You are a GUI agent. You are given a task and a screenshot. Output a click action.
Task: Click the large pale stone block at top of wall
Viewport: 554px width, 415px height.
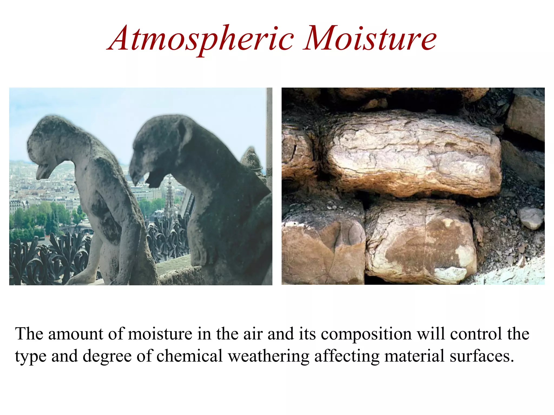pyautogui.click(x=414, y=154)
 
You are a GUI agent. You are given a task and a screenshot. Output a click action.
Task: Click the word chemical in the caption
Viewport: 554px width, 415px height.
pyautogui.click(x=189, y=356)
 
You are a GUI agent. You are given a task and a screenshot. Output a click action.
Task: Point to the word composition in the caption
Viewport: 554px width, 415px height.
pyautogui.click(x=366, y=334)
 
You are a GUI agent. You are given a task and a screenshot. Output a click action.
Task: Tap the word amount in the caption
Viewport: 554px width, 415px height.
pyautogui.click(x=76, y=334)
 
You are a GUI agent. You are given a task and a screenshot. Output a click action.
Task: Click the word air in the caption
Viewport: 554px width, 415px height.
pyautogui.click(x=253, y=334)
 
